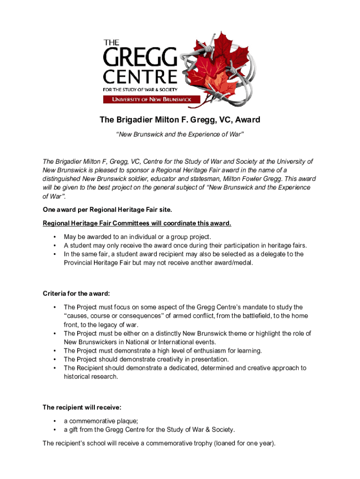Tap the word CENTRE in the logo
[140, 77]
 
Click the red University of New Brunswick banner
[152, 99]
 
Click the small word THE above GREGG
[112, 43]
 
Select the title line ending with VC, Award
[180, 120]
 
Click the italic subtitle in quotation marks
[180, 135]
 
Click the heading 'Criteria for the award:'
[76, 294]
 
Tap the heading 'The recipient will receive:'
[82, 407]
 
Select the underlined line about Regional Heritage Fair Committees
[137, 223]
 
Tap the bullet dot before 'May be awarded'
[55, 237]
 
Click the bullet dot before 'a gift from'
[55, 430]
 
